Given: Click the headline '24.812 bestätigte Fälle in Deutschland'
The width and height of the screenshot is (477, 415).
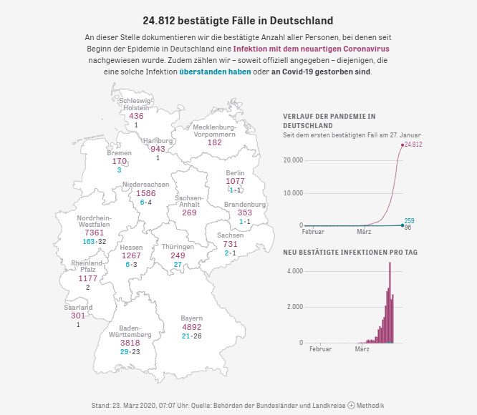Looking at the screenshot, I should point(238,20).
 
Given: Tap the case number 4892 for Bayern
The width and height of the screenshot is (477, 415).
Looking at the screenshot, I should point(191,327).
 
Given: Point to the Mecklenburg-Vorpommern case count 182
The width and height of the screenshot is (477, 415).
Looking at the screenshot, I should point(214,142).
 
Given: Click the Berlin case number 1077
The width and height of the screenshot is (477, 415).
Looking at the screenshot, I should point(235,181).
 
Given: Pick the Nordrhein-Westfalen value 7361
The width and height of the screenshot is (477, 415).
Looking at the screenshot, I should point(94,233).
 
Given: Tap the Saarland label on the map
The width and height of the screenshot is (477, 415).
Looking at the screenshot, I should point(78,308).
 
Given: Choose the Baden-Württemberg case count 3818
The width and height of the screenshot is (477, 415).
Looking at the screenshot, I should point(130,343).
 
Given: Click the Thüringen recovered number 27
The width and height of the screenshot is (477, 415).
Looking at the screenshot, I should point(178,265).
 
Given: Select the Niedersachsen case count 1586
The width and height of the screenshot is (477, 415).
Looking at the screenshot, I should point(145,193).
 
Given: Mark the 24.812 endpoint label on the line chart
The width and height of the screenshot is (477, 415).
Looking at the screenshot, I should point(413,145).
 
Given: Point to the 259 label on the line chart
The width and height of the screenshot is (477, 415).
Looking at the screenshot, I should point(410,220).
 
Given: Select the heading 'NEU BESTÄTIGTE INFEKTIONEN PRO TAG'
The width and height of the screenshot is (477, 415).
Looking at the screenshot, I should point(350,253).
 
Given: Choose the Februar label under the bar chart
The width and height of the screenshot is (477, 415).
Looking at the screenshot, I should point(320,349).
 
